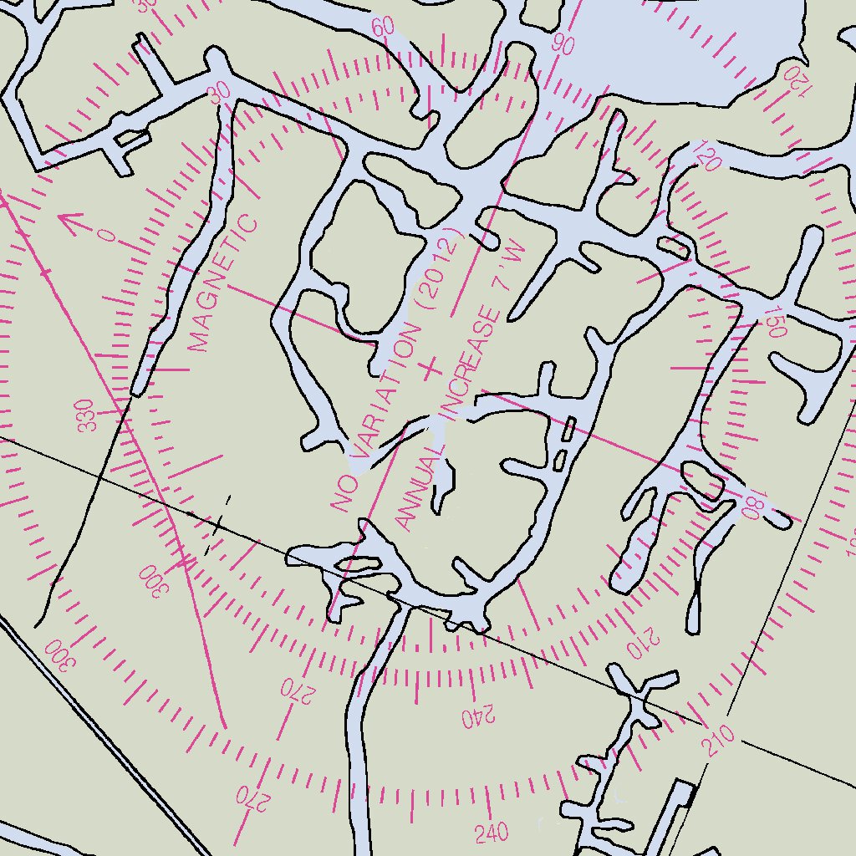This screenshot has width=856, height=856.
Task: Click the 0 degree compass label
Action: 106,235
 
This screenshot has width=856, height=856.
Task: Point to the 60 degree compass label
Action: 383,26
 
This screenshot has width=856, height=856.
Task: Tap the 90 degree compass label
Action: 563,45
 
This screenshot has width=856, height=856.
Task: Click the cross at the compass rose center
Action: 431,368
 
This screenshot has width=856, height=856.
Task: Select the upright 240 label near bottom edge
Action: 492,833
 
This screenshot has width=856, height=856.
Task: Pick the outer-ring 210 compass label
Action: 718,740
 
